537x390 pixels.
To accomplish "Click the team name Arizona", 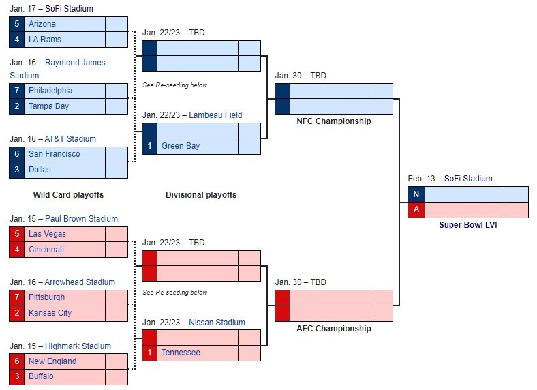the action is pos(42,24).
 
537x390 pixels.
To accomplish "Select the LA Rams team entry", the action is pos(45,40).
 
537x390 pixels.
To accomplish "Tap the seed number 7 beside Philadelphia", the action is pos(17,91).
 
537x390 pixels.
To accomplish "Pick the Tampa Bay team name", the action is pos(48,106).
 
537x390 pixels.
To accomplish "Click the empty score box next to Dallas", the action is pos(117,170).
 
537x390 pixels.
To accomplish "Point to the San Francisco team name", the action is pos(54,154).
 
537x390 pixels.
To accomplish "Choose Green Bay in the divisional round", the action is pos(181,146).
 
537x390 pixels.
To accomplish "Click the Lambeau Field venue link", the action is pos(215,115).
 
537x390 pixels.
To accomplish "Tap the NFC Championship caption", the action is pos(334,121).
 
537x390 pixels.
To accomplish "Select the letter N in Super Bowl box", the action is pos(416,194).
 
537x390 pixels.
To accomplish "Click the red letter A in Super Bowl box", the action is pos(416,209).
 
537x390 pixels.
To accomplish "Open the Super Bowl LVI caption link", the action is pos(468,225).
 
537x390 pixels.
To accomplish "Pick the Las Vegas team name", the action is pos(47,234).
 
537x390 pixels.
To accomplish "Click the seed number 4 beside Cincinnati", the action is pos(17,250).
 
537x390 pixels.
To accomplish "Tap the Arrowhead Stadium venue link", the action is pos(80,282).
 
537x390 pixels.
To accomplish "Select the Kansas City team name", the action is pos(50,313).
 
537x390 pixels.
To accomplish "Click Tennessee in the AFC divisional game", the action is pos(181,352).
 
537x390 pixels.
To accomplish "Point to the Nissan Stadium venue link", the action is pos(217,322).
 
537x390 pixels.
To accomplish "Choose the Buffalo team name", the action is pos(41,376).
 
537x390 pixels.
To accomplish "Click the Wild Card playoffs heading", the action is pos(69,194).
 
